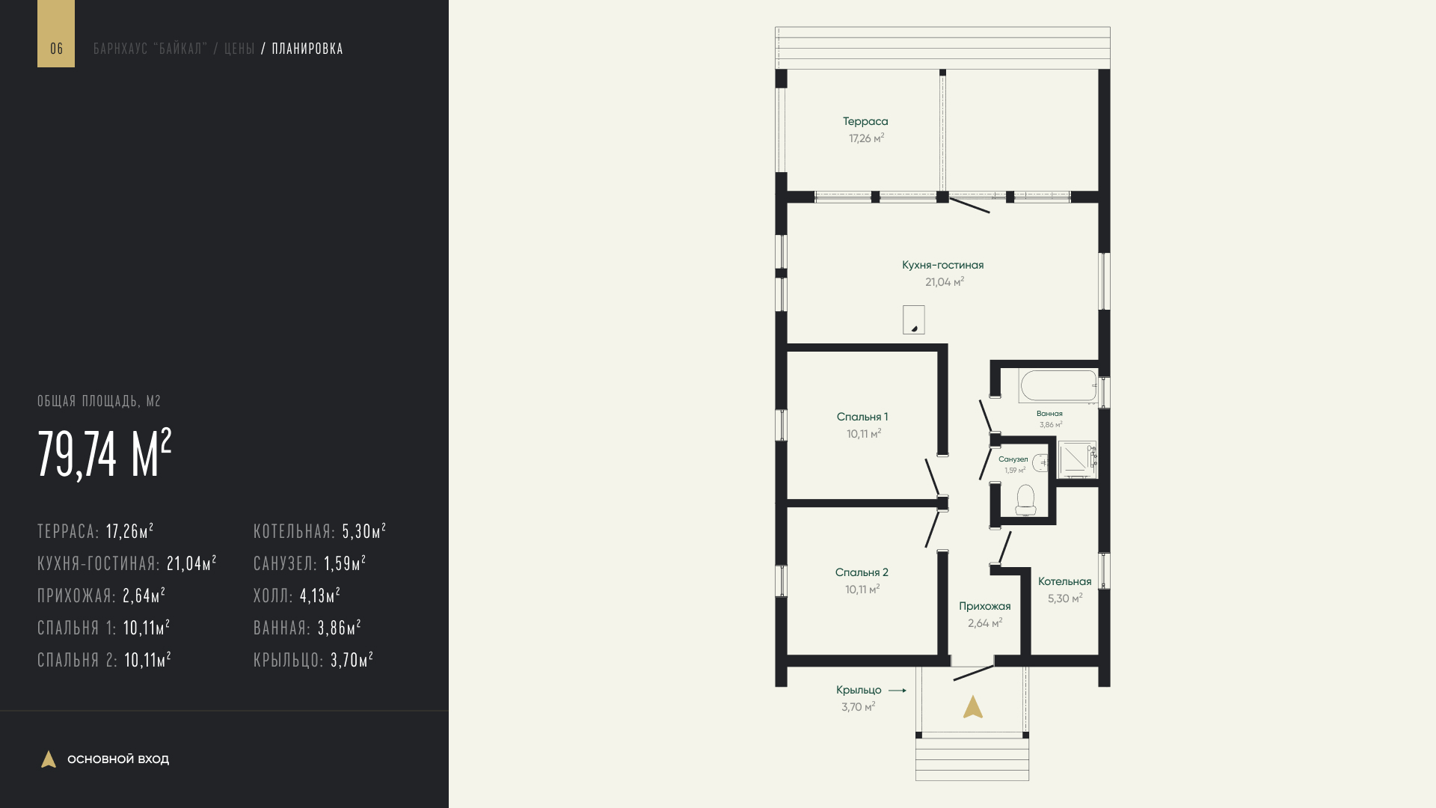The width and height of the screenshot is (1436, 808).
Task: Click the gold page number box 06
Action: point(56,34)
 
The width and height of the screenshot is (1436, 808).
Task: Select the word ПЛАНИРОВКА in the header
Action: point(307,49)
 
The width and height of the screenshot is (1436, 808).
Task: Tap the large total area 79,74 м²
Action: point(105,454)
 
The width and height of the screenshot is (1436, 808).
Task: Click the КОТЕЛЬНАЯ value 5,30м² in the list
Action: point(364,531)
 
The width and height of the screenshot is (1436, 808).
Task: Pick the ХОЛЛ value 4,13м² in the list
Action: point(320,596)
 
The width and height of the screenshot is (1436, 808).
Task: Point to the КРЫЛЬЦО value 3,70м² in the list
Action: point(352,660)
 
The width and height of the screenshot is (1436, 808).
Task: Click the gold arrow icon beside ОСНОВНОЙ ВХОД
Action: point(49,759)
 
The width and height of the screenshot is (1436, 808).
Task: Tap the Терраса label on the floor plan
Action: point(865,121)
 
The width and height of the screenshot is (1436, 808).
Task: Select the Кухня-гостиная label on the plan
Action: point(943,265)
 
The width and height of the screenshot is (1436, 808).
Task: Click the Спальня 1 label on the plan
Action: point(862,417)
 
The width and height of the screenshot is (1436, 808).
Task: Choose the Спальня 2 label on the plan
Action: point(862,572)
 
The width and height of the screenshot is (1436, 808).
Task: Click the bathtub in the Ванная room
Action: point(1058,387)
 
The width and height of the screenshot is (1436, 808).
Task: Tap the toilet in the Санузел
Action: point(1025,500)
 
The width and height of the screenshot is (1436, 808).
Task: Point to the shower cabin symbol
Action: point(1077,459)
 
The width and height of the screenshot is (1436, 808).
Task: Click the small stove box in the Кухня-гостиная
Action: point(913,319)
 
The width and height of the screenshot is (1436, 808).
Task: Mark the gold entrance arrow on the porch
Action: point(972,707)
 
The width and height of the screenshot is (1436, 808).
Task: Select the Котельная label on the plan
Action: point(1064,581)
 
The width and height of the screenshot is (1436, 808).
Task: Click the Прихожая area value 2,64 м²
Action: point(985,623)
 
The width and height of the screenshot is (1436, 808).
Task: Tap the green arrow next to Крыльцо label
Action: point(897,691)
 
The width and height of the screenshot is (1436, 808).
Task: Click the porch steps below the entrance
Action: point(972,759)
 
